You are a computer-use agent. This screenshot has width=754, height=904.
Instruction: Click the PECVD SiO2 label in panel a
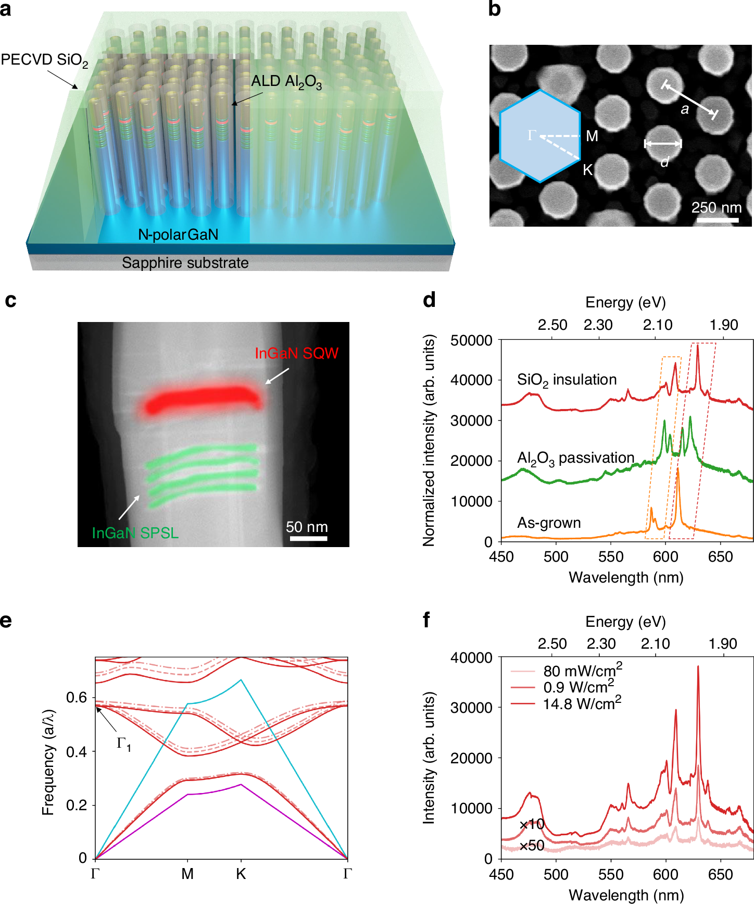tap(44, 60)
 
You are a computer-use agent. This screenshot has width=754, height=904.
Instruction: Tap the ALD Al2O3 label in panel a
tap(286, 82)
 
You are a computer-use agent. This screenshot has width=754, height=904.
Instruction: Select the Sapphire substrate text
tap(185, 263)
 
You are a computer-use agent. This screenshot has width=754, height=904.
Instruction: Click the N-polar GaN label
tap(178, 234)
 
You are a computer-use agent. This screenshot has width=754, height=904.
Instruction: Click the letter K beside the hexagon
tap(588, 170)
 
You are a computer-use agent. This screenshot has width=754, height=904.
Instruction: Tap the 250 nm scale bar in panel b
tap(718, 220)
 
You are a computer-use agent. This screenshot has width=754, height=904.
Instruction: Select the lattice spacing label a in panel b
tap(685, 109)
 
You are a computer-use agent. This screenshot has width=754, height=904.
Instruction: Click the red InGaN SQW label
tap(296, 353)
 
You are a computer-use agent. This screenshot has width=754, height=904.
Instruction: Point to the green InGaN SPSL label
tap(135, 533)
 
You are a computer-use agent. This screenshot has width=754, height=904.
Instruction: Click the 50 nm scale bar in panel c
tap(308, 538)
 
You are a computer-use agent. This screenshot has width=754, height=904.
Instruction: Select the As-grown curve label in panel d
tap(549, 523)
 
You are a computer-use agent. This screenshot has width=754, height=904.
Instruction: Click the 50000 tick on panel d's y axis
tap(471, 340)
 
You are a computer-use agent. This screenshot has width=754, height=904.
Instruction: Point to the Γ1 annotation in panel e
tap(123, 744)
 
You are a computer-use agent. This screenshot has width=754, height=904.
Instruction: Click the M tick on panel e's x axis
tap(187, 874)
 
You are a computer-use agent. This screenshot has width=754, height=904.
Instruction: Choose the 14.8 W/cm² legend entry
tap(582, 704)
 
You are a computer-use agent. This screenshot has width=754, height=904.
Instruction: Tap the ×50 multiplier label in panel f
tap(532, 845)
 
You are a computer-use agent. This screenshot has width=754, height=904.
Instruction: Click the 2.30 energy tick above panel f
tap(601, 643)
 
